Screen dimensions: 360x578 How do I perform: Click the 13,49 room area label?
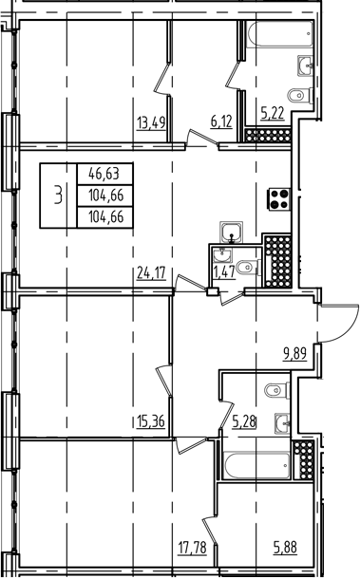(151, 122)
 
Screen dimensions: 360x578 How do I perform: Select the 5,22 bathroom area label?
(273, 113)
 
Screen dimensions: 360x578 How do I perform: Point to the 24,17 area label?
(151, 273)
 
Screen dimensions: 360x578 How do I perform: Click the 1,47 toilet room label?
(224, 272)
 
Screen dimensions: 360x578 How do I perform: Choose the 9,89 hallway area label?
(295, 353)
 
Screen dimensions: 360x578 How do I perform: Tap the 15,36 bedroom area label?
(150, 420)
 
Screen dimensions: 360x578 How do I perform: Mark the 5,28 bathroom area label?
(244, 421)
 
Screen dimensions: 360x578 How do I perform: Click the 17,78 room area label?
(192, 547)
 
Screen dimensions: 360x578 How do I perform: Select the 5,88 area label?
(286, 547)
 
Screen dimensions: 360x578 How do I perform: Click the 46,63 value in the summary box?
(104, 173)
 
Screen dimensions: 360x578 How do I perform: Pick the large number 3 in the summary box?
(58, 195)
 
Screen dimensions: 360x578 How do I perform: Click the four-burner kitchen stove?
(280, 199)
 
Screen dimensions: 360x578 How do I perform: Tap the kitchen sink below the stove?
(231, 233)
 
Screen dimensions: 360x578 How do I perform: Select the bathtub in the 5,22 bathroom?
(280, 34)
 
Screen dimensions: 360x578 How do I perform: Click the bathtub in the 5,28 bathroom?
(257, 466)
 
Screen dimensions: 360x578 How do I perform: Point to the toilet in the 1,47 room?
(248, 267)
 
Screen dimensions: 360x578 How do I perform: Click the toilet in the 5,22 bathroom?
(300, 96)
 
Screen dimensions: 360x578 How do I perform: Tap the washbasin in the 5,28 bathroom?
(282, 423)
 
